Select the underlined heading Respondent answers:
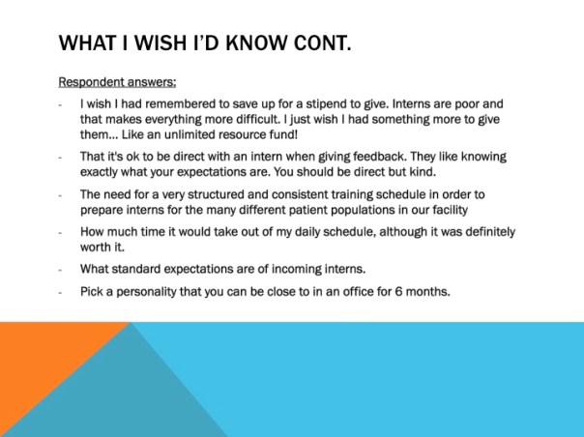tap(117, 82)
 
